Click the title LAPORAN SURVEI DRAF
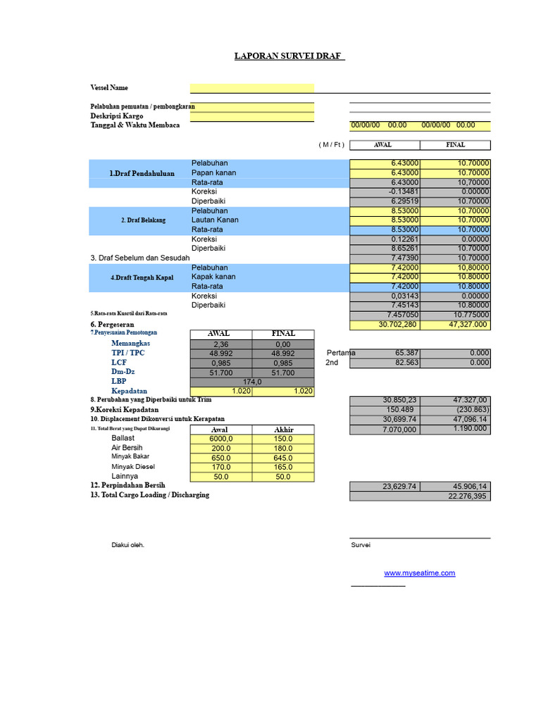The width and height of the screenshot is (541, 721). pos(290,56)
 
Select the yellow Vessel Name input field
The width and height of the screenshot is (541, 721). pos(251,88)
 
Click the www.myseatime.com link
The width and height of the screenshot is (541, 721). pos(419,573)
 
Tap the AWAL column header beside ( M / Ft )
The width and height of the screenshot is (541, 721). pos(384,145)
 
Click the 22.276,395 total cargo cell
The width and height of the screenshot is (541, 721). pos(420,496)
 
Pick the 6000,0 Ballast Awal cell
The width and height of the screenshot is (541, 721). pos(220,439)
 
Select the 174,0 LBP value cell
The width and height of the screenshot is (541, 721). pos(251,382)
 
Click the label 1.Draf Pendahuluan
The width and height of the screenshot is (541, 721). pos(142,173)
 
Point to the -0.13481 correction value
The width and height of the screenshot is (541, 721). pos(385,192)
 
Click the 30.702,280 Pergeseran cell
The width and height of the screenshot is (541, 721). pos(385,325)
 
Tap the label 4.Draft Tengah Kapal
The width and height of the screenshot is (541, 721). pos(142,277)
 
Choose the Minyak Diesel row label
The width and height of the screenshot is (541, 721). pos(133,467)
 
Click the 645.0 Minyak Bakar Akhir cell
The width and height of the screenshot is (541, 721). pos(282,458)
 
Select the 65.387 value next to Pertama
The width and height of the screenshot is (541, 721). pos(385,353)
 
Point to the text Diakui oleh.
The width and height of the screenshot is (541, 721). pos(128,545)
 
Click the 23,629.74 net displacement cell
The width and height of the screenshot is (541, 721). pos(385,486)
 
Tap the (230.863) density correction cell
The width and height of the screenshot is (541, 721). pos(455,410)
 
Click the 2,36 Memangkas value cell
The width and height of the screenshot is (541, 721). pos(220,344)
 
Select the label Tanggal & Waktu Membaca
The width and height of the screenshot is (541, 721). pos(135,125)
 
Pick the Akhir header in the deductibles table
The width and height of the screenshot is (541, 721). pos(282,430)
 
